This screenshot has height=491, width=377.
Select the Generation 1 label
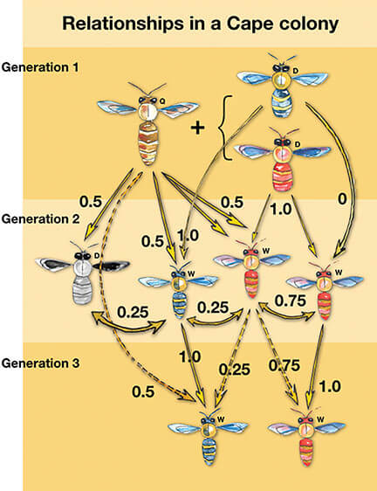pos(40,67)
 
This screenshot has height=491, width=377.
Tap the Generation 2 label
pos(40,219)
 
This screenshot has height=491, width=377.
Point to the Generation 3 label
pos(40,363)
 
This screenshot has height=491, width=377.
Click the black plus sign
pos(197,128)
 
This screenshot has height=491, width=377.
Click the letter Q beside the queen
pos(162,101)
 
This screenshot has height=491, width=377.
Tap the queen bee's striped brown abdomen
pos(149,144)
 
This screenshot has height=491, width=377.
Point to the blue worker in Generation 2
pos(179,290)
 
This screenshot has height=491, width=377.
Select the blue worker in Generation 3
pos(208,438)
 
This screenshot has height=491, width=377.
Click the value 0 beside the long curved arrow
pos(342,199)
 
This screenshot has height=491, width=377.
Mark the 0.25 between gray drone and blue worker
pos(133,312)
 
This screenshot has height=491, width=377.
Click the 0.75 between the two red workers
pos(291,301)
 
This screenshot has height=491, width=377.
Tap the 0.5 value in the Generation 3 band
pos(143,391)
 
